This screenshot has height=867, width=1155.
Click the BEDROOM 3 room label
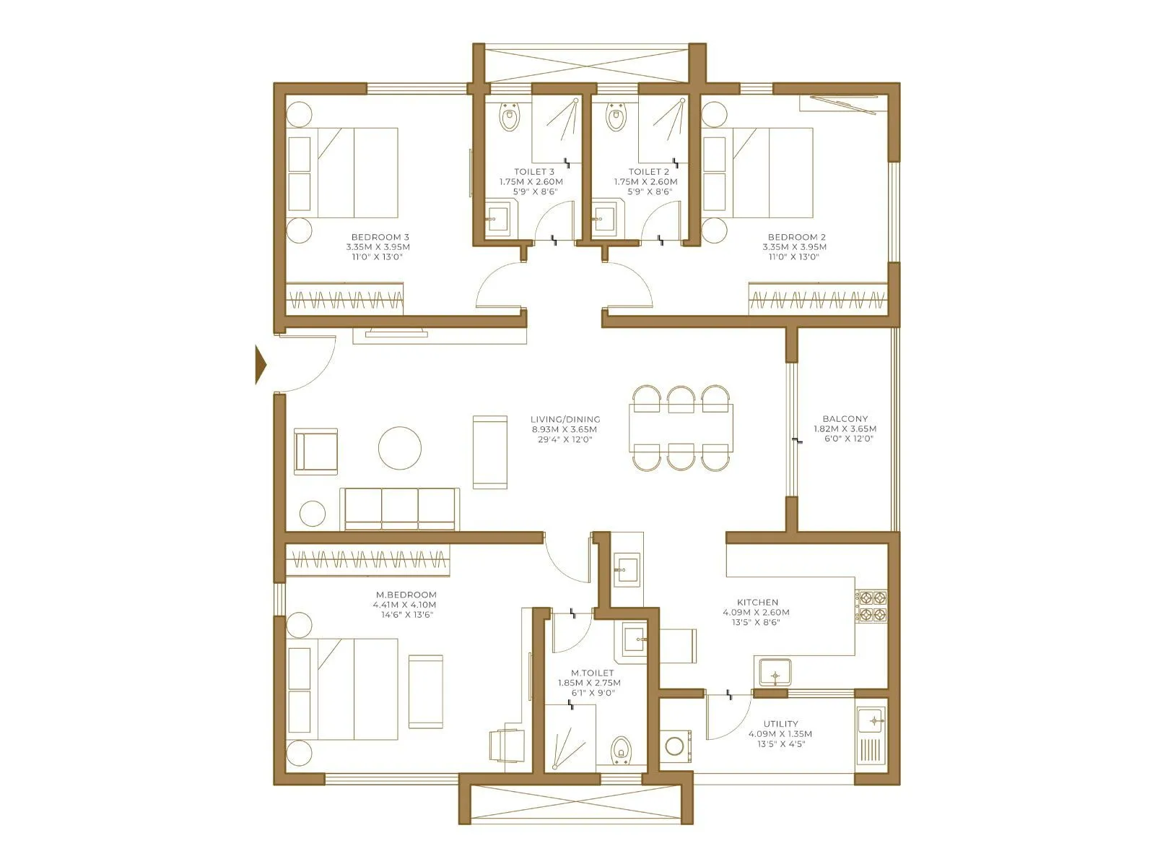[x=380, y=237]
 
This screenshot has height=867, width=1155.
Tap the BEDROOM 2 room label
[x=796, y=237]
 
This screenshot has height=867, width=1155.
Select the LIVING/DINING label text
[x=565, y=419]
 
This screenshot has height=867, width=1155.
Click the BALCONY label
[x=845, y=418]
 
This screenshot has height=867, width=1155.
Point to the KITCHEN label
[x=757, y=602]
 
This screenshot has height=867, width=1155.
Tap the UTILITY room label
[x=780, y=723]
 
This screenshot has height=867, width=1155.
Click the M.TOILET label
[x=591, y=673]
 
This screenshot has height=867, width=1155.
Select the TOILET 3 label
[x=534, y=172]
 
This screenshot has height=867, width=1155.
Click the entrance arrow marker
[x=261, y=364]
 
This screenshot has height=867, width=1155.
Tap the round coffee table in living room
[x=399, y=448]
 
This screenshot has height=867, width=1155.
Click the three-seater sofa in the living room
[x=401, y=508]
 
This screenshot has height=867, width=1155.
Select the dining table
[x=681, y=428]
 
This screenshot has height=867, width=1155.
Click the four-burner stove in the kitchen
[x=871, y=606]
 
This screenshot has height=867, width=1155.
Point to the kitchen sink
[x=775, y=673]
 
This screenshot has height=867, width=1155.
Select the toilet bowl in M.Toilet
[x=620, y=750]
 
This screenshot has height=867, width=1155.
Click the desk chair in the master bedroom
[x=507, y=744]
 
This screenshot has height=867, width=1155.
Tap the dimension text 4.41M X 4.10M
[x=404, y=605]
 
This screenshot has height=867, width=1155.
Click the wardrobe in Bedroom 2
[x=817, y=299]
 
